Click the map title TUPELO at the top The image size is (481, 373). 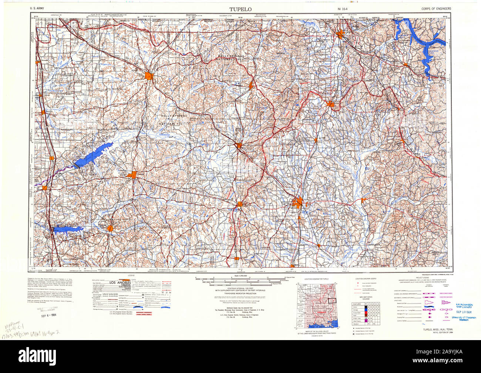pyautogui.click(x=240, y=9)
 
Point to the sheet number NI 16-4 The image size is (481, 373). pyautogui.click(x=342, y=9)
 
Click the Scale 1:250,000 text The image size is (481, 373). pyautogui.click(x=240, y=277)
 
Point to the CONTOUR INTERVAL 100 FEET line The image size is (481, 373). pyautogui.click(x=240, y=288)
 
